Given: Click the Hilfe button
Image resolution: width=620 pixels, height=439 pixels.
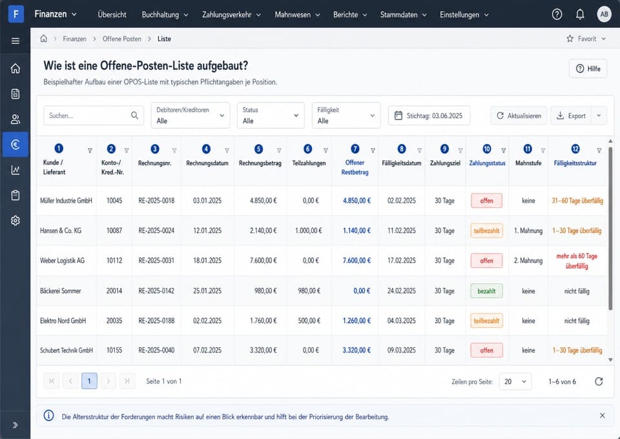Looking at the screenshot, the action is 588,68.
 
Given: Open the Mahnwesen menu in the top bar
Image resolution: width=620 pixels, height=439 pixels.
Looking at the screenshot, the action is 297,15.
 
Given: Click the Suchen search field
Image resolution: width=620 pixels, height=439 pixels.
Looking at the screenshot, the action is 93,116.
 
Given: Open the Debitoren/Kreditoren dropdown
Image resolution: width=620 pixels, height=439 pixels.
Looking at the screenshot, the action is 190,116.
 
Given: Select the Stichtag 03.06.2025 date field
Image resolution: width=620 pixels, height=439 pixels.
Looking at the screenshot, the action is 429,116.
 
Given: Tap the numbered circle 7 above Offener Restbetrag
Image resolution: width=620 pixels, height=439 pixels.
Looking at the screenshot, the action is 355,149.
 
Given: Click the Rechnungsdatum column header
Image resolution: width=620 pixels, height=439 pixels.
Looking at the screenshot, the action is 207,163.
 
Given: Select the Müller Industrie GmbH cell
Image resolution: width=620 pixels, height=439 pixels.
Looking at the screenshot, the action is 66,201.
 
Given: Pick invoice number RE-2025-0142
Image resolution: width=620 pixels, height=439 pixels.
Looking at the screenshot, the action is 156,291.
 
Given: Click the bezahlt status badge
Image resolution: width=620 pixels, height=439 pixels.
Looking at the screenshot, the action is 486,291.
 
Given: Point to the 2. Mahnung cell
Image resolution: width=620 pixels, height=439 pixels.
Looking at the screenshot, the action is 528,261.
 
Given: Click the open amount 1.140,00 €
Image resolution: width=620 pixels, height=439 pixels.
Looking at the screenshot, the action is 356,230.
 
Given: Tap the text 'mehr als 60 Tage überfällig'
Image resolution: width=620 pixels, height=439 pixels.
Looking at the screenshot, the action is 577,261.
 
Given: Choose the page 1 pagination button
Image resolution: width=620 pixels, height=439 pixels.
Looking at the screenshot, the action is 89,381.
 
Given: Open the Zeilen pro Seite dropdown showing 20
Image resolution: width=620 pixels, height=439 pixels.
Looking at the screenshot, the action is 515,382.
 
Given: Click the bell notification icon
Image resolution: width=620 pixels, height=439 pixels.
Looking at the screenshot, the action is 580,14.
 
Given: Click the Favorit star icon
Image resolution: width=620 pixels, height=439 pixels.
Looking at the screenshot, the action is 570,39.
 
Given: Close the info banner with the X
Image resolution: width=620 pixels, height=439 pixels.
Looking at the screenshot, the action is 602,415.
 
